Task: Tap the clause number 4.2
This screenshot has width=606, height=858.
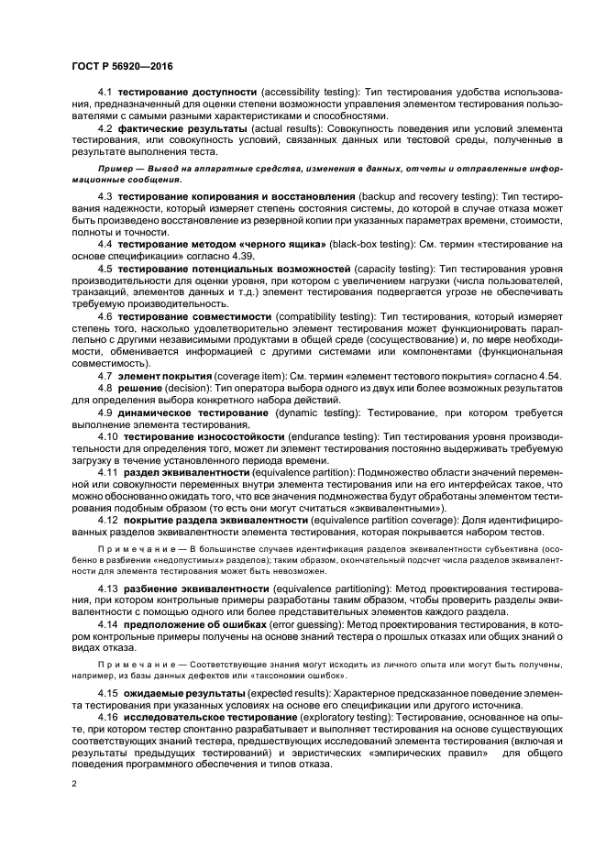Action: coord(105,129)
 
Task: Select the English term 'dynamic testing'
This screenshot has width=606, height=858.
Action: coord(315,411)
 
